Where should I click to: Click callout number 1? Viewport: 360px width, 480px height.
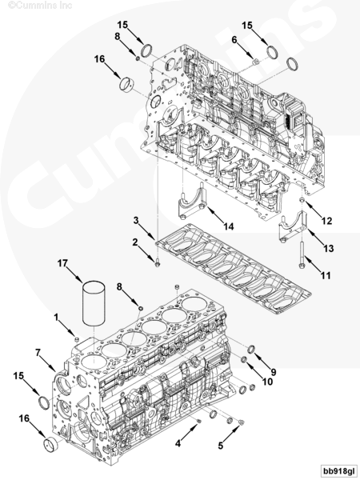[x=58, y=318]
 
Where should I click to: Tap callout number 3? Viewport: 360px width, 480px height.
[x=136, y=220]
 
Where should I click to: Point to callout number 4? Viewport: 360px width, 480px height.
[x=178, y=441]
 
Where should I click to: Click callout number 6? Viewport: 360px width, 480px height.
[x=234, y=39]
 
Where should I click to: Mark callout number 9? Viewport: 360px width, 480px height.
[x=273, y=371]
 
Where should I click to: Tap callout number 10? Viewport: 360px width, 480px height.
[x=268, y=382]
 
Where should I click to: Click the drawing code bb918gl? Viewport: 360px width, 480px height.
[x=337, y=470]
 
